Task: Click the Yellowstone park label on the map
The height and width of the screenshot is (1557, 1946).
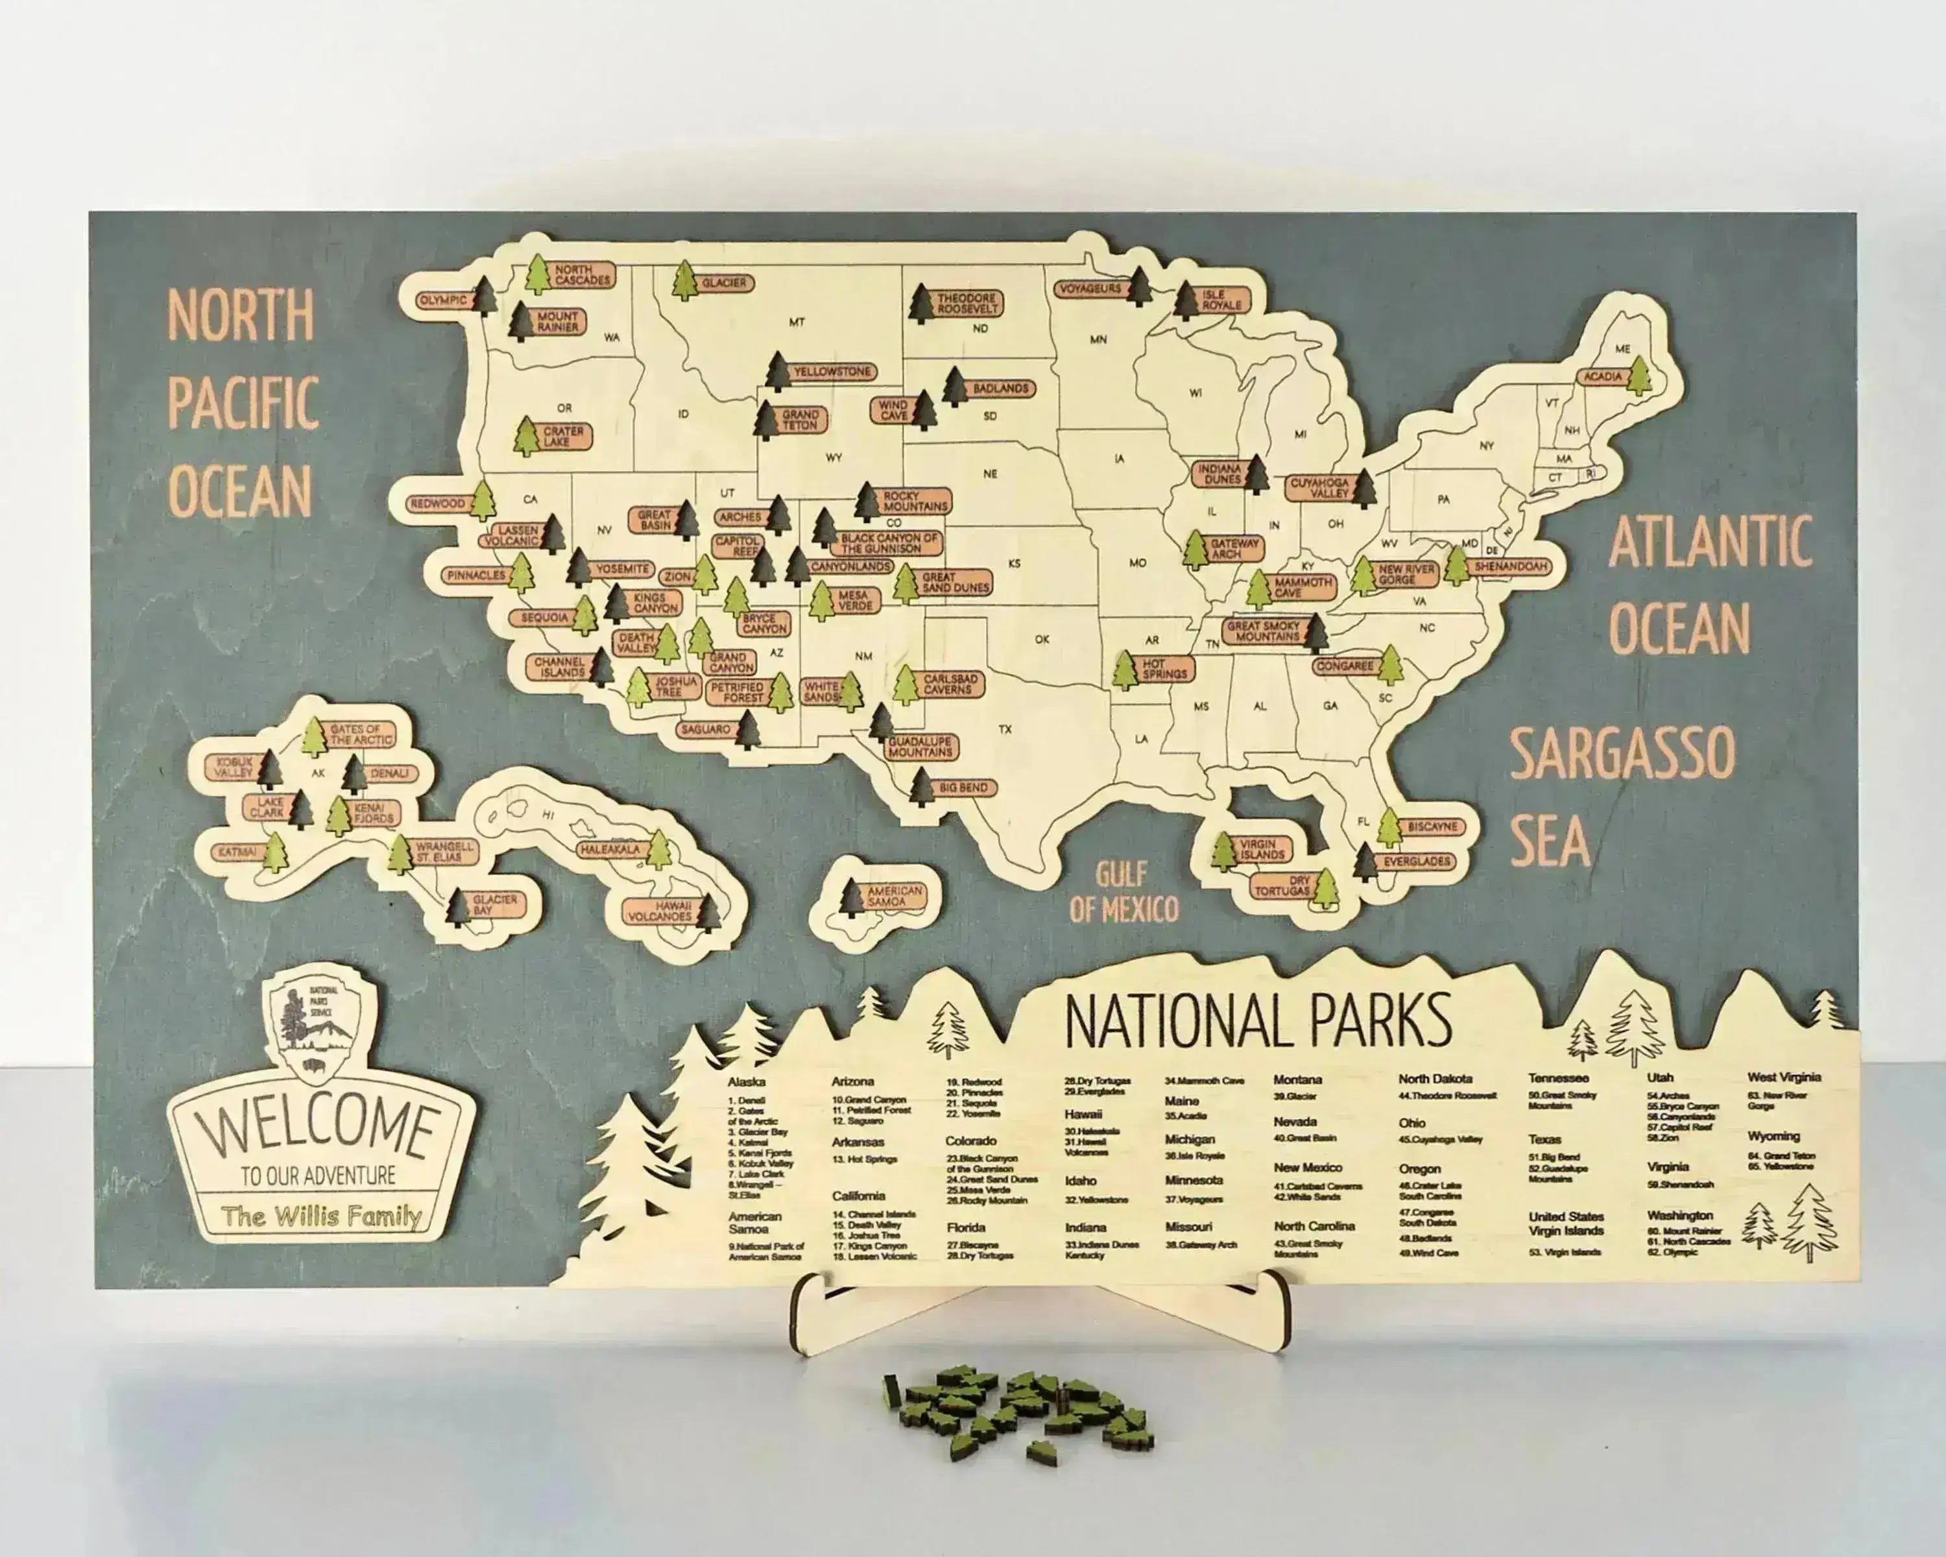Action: (x=832, y=372)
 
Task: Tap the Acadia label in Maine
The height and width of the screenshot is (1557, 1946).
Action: (x=1602, y=376)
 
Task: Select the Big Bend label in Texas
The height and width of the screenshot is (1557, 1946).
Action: (x=963, y=788)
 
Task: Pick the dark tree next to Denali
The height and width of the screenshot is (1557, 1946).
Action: (x=355, y=775)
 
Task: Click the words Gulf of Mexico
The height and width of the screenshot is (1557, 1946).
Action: (x=1123, y=892)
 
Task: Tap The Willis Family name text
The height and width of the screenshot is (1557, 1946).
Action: (x=321, y=1216)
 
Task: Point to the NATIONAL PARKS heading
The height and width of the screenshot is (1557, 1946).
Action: (x=1258, y=1021)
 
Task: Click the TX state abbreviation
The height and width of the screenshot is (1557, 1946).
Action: (x=1005, y=729)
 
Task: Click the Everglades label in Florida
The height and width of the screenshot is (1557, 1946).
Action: (x=1417, y=862)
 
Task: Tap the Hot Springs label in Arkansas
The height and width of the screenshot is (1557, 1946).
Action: (x=1164, y=669)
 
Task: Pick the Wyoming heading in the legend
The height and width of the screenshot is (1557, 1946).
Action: (x=1773, y=1137)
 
